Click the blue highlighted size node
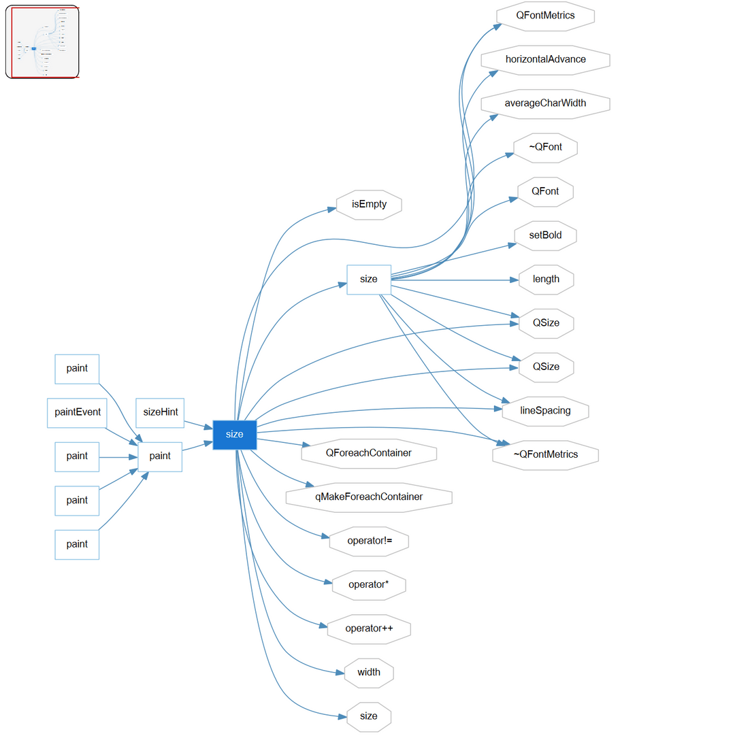click(234, 434)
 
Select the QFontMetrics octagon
click(545, 16)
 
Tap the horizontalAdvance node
click(545, 59)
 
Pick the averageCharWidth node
click(545, 103)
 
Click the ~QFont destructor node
click(545, 148)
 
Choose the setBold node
click(545, 235)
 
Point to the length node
click(545, 279)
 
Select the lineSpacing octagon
click(545, 411)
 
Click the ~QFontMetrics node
click(545, 454)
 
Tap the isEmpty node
click(369, 205)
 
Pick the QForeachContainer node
click(369, 453)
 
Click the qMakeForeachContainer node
click(369, 497)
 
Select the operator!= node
click(369, 541)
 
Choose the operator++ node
click(369, 629)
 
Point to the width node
click(369, 673)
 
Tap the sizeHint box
click(160, 412)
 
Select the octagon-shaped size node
click(369, 716)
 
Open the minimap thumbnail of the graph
click(42, 42)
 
